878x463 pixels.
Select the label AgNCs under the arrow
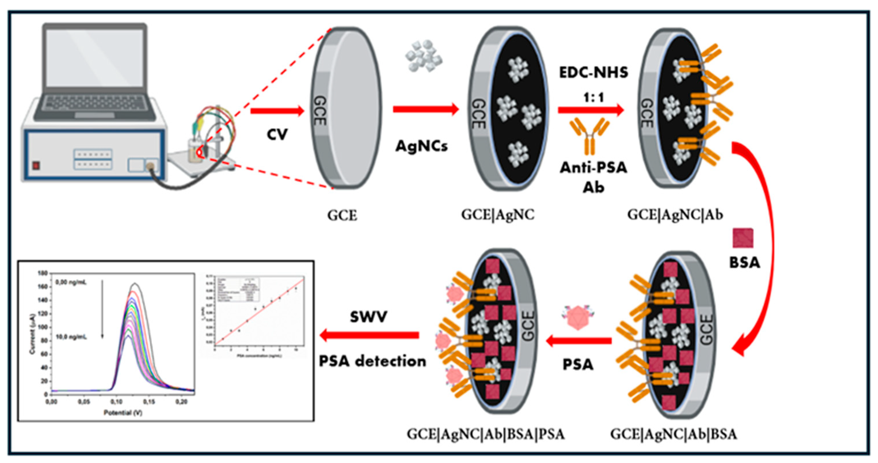click(421, 146)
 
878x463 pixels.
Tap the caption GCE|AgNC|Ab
click(675, 215)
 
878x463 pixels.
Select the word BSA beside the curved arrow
click(744, 263)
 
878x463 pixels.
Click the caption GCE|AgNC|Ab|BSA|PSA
click(486, 435)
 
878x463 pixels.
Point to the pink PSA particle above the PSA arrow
click(578, 317)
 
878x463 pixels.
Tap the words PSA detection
click(372, 361)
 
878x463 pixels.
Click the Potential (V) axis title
click(123, 413)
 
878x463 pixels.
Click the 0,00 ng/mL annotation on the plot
click(71, 283)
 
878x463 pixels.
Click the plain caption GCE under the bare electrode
click(342, 215)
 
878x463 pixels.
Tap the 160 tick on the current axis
click(43, 287)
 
